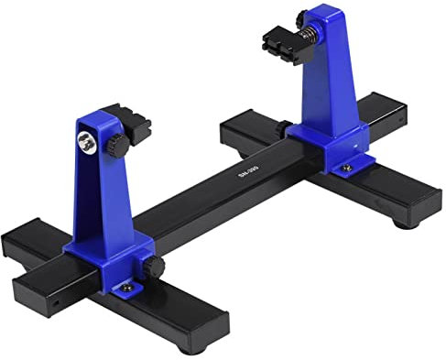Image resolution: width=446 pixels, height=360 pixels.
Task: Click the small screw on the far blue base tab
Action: click(349, 169)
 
